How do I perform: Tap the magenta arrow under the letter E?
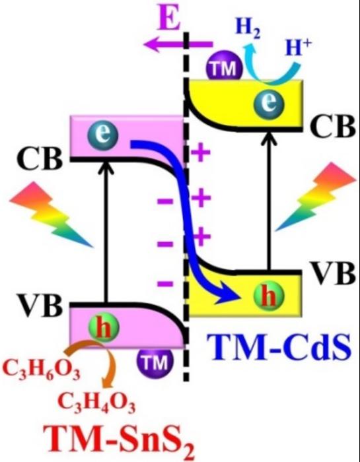pyautogui.click(x=178, y=45)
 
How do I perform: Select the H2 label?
pyautogui.click(x=248, y=30)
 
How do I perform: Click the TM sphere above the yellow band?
pyautogui.click(x=225, y=68)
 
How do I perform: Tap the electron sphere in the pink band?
pyautogui.click(x=103, y=136)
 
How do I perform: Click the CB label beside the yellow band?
pyautogui.click(x=332, y=127)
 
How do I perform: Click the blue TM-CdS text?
pyautogui.click(x=278, y=348)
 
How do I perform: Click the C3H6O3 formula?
pyautogui.click(x=41, y=372)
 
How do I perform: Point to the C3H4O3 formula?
pyautogui.click(x=96, y=403)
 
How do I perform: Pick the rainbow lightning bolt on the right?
pyautogui.click(x=316, y=197)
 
